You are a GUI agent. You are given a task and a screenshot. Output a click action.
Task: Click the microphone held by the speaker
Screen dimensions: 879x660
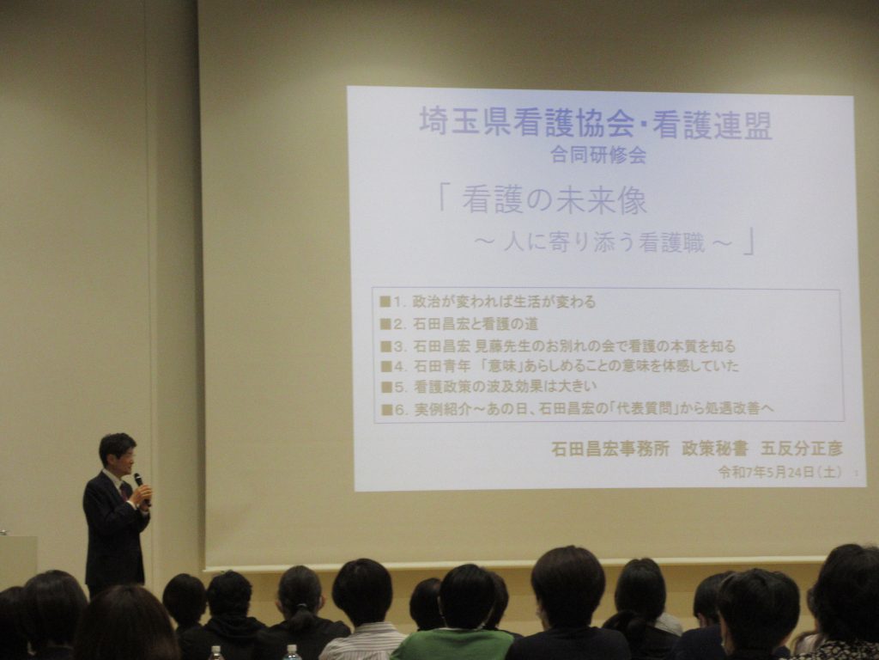point(141,486)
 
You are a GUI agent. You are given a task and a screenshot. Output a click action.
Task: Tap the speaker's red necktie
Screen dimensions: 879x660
point(124,490)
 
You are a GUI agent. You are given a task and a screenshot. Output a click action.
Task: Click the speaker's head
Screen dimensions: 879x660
point(118,454)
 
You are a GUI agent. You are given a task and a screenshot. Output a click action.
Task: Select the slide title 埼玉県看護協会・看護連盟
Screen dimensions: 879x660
point(596,123)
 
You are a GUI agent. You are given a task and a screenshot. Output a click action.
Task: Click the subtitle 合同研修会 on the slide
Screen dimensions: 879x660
point(598,155)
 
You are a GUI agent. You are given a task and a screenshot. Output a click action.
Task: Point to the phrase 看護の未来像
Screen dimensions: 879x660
point(555,199)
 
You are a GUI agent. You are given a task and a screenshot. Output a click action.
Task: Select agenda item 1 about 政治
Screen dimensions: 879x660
point(488,302)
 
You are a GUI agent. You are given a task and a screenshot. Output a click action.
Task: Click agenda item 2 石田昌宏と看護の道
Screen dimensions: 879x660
point(459,324)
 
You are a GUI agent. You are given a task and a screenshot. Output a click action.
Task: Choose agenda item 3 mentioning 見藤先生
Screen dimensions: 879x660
point(558,345)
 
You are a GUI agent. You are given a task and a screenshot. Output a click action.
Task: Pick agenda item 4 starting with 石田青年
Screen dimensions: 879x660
point(560,366)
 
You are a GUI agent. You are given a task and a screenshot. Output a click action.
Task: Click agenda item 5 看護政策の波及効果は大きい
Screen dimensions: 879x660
point(488,387)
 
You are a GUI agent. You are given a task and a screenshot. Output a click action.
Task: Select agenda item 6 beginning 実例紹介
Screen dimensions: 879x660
point(578,408)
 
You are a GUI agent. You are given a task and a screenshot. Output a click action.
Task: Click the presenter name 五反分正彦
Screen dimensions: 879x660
point(802,449)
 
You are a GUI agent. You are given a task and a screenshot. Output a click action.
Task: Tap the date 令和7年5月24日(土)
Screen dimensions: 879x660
point(779,472)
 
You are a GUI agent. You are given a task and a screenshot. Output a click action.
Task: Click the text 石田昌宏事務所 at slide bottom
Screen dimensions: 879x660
point(610,449)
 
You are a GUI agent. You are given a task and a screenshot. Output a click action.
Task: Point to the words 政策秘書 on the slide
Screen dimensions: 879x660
point(715,449)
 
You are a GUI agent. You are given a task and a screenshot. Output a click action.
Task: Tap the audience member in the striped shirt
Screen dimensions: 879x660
point(362,611)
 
